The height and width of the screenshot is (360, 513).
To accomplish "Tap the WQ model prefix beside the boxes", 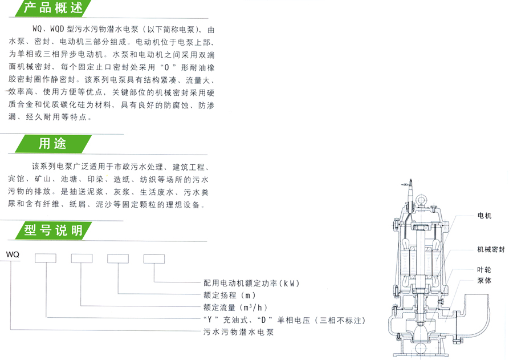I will point(13,255).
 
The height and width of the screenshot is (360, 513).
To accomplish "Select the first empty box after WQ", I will point(46,258).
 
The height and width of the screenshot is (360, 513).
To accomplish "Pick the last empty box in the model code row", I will point(154,258).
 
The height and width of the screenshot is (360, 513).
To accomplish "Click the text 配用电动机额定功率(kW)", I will point(251,283).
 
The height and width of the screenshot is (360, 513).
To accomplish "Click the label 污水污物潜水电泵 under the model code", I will point(238,331).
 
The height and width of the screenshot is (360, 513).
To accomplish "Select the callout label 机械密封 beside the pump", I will point(491,249).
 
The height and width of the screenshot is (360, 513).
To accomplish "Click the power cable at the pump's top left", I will point(409,197).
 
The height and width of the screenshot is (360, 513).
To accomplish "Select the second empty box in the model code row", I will point(82,258).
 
